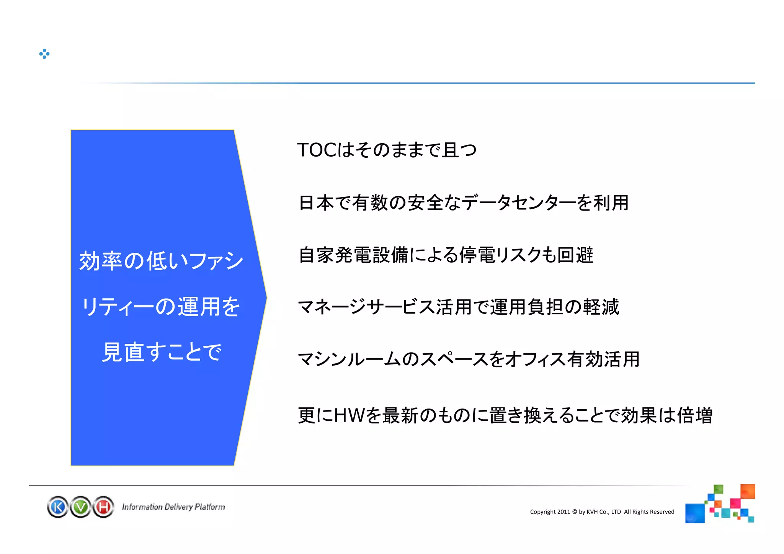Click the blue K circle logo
coord(58,507)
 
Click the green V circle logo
coord(81,507)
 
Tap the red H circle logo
coord(103,507)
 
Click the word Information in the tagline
coord(142,507)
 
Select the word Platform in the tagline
coord(209,507)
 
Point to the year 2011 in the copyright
coord(563,512)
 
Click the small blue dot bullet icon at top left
coord(44,54)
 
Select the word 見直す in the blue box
coord(134,352)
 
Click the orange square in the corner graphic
coord(747,492)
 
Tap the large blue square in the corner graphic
coord(695,513)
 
